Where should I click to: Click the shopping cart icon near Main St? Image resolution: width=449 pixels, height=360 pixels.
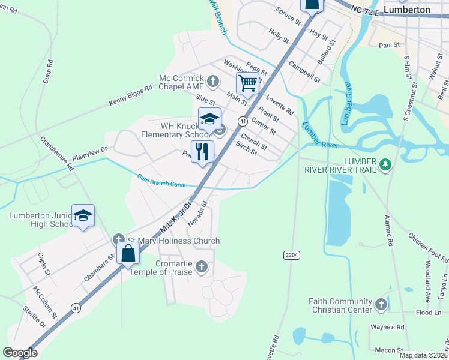[x=247, y=83]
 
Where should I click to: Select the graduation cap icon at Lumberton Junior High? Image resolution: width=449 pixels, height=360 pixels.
[x=83, y=215]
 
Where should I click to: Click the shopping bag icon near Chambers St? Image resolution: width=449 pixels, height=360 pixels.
[x=128, y=253]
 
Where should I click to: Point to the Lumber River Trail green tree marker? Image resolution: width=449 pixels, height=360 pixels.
[x=387, y=164]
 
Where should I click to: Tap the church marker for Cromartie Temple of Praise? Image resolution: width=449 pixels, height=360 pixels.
[x=202, y=266]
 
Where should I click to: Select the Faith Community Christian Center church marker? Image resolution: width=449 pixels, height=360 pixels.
[x=381, y=305]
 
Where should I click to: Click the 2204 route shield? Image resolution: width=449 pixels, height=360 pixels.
[x=291, y=255]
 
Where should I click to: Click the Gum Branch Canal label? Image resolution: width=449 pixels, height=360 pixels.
[x=161, y=181]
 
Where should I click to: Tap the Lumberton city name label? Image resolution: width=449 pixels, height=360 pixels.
[x=408, y=10]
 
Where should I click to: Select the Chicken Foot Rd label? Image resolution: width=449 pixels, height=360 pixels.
[x=428, y=248]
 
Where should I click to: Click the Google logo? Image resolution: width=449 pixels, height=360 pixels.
[x=20, y=353]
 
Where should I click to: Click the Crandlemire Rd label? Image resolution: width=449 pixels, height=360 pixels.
[x=57, y=154]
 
